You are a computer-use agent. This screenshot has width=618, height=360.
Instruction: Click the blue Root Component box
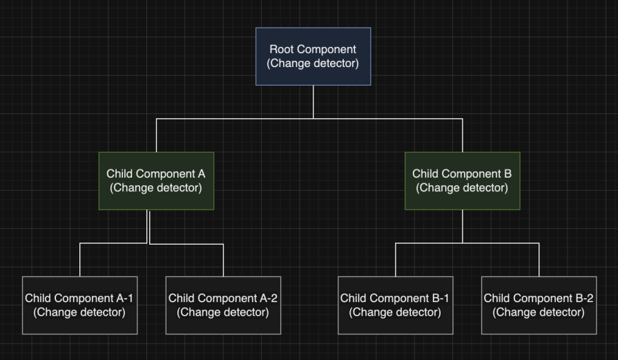click(313, 56)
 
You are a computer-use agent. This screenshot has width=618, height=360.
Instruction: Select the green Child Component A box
click(155, 180)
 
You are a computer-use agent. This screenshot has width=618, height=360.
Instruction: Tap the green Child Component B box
click(462, 180)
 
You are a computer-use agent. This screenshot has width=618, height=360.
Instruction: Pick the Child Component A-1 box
click(79, 305)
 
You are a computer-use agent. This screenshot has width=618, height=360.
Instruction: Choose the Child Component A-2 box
click(223, 305)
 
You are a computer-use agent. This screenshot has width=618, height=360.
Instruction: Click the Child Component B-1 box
click(395, 305)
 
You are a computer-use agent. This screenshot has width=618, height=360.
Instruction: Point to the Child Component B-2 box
click(539, 305)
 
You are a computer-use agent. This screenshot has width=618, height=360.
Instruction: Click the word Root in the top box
click(281, 49)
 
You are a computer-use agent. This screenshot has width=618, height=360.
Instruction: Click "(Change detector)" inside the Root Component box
click(313, 63)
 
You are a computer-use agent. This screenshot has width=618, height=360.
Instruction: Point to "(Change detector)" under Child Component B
click(462, 187)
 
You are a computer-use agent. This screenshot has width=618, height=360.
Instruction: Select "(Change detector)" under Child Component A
click(155, 187)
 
